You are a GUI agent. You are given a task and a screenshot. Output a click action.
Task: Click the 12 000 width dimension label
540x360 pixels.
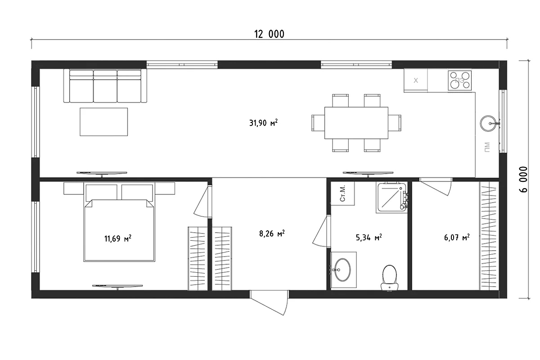coord(269,34)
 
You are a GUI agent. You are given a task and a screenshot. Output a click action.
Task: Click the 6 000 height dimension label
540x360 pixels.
coord(524,179)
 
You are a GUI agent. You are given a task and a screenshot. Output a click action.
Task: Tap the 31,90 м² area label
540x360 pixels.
coord(263,123)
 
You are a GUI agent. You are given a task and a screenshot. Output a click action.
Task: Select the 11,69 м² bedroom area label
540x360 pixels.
coord(117,238)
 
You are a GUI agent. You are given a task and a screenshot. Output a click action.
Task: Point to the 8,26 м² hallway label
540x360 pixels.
coord(272,234)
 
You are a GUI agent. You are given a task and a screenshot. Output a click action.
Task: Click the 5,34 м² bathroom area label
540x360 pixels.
coord(369,238)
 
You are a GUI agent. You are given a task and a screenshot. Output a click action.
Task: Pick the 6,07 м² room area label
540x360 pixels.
coord(457,238)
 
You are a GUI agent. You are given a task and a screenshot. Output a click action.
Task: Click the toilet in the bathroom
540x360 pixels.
coord(389,278)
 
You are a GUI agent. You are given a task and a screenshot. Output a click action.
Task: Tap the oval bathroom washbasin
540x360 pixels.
coord(342,270)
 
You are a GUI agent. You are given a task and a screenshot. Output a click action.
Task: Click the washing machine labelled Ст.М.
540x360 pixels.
coord(342,193)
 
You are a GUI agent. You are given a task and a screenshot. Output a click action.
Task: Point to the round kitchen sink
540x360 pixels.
coord(488,123)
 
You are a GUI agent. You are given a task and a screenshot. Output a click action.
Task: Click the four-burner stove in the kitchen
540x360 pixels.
coord(460,81)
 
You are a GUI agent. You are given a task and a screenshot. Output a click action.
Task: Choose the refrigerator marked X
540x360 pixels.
coord(416,80)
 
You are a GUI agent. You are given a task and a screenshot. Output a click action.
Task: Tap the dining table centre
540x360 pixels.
coord(356,123)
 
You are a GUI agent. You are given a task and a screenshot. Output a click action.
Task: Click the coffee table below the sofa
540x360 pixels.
coord(104,122)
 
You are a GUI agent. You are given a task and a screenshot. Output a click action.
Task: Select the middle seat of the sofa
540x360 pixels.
coord(105,86)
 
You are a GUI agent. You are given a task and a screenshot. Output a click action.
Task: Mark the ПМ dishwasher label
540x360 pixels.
coord(487,148)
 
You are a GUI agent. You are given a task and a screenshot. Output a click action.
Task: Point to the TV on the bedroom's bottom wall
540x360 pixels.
coord(117,287)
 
